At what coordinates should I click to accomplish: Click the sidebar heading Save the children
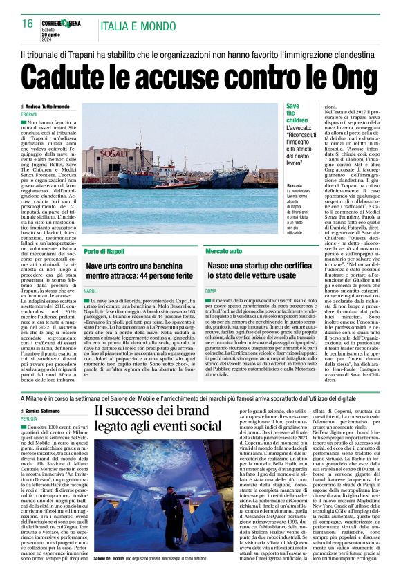[x=293, y=115]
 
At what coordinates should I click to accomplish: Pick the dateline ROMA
[x=211, y=293]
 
